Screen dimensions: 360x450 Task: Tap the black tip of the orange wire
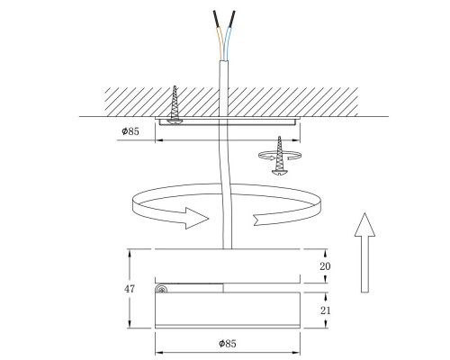pyautogui.click(x=215, y=18)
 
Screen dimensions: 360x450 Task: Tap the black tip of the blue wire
pyautogui.click(x=236, y=18)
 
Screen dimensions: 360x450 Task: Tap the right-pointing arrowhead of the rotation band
pyautogui.click(x=197, y=216)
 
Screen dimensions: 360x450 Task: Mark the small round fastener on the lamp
pyautogui.click(x=162, y=289)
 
